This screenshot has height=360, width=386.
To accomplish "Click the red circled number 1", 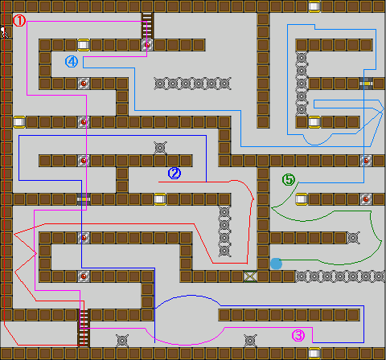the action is coord(19,21).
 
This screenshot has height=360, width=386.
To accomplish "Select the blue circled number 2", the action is coord(175,174).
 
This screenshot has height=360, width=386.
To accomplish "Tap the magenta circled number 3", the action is coord(298,336).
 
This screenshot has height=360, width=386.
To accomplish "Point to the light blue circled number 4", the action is coord(72,62).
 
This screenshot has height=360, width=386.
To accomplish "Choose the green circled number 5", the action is coord(289,179).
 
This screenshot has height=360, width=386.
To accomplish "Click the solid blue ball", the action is coord(276,264).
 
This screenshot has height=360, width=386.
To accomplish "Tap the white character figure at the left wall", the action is coord(4,32).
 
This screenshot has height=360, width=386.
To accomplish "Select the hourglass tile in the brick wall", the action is coord(250,276).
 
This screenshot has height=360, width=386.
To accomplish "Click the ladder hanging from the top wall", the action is coord(147,26).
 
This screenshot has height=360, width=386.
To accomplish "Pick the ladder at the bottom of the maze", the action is coord(84,328).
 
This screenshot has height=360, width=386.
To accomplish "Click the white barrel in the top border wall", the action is coord(314,6).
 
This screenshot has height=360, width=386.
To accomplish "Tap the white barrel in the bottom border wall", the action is coord(314,354).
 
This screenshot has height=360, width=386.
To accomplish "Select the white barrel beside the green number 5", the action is coord(302,199).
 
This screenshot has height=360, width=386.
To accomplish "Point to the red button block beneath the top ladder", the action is coord(147,45).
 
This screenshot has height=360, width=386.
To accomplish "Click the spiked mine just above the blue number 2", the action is coord(160,148).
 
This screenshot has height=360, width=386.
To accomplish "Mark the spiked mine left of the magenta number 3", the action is coord(250,341).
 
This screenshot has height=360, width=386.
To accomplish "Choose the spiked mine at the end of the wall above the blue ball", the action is coord(353,238).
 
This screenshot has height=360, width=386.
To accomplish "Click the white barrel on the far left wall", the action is coord(19,122).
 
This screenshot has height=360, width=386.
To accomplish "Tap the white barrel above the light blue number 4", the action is coord(84,45).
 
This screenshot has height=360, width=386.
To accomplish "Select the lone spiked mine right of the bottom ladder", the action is coord(122,341).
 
